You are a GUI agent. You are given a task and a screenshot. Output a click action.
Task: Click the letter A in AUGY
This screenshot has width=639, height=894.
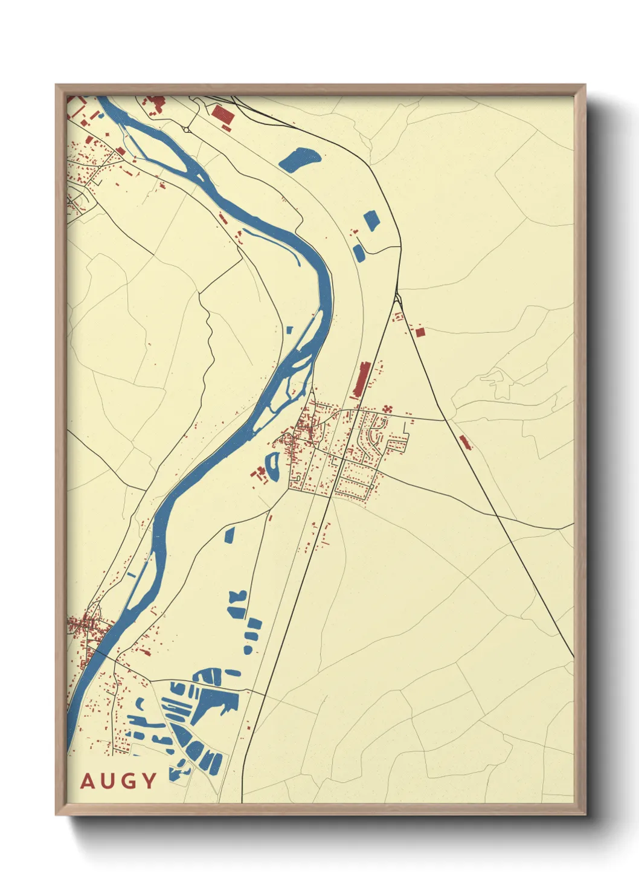[x=88, y=781]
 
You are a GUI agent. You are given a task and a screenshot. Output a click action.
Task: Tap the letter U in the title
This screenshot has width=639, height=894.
[x=108, y=781]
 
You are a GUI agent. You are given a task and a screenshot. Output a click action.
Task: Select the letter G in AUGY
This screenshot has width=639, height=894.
[x=129, y=781]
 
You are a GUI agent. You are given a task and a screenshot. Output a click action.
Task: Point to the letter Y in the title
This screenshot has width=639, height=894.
[x=149, y=781]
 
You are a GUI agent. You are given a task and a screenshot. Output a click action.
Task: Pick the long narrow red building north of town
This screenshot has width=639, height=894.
[x=362, y=379]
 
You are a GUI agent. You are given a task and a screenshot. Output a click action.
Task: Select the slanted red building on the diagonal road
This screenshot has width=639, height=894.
[x=464, y=442]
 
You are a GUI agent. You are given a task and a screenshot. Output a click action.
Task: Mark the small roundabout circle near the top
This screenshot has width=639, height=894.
[x=188, y=129]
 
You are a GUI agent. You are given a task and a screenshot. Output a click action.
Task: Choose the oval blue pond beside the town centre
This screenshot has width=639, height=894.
[x=274, y=466]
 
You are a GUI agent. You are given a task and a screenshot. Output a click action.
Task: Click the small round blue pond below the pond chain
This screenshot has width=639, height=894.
[x=247, y=649]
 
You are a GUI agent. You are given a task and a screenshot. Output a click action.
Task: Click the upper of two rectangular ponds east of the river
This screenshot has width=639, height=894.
[x=371, y=221]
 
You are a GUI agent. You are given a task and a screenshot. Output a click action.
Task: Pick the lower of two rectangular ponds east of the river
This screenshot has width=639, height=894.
[x=359, y=252]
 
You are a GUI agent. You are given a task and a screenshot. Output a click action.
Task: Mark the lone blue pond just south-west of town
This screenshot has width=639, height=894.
[x=230, y=535]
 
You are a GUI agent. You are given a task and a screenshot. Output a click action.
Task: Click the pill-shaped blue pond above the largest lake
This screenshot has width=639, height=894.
[x=233, y=673]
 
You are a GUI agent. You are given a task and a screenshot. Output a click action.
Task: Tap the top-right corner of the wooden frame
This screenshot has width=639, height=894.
[x=584, y=86]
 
